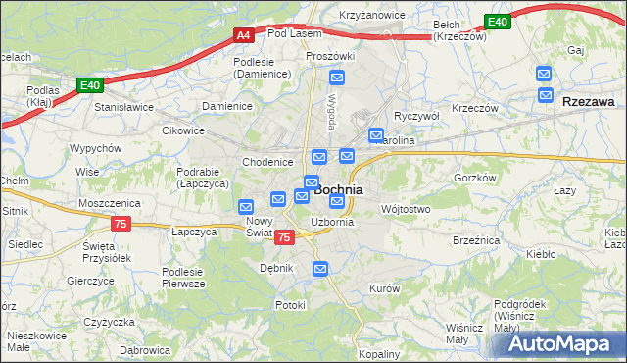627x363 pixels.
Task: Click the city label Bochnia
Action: tap(339, 189)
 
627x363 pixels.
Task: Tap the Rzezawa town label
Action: tap(589, 101)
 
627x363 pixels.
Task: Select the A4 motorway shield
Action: tap(243, 36)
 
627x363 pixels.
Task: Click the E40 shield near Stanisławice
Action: tap(90, 86)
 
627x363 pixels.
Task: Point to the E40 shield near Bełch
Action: tap(498, 22)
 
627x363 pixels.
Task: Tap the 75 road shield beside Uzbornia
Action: tap(284, 237)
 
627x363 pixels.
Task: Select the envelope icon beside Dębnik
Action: tap(320, 269)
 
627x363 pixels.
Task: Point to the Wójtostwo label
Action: tap(405, 209)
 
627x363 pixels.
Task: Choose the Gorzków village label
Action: tap(477, 178)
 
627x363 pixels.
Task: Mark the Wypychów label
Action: tap(95, 148)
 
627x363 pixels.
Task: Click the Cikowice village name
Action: tap(183, 130)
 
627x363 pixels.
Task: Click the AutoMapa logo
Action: tap(562, 343)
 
